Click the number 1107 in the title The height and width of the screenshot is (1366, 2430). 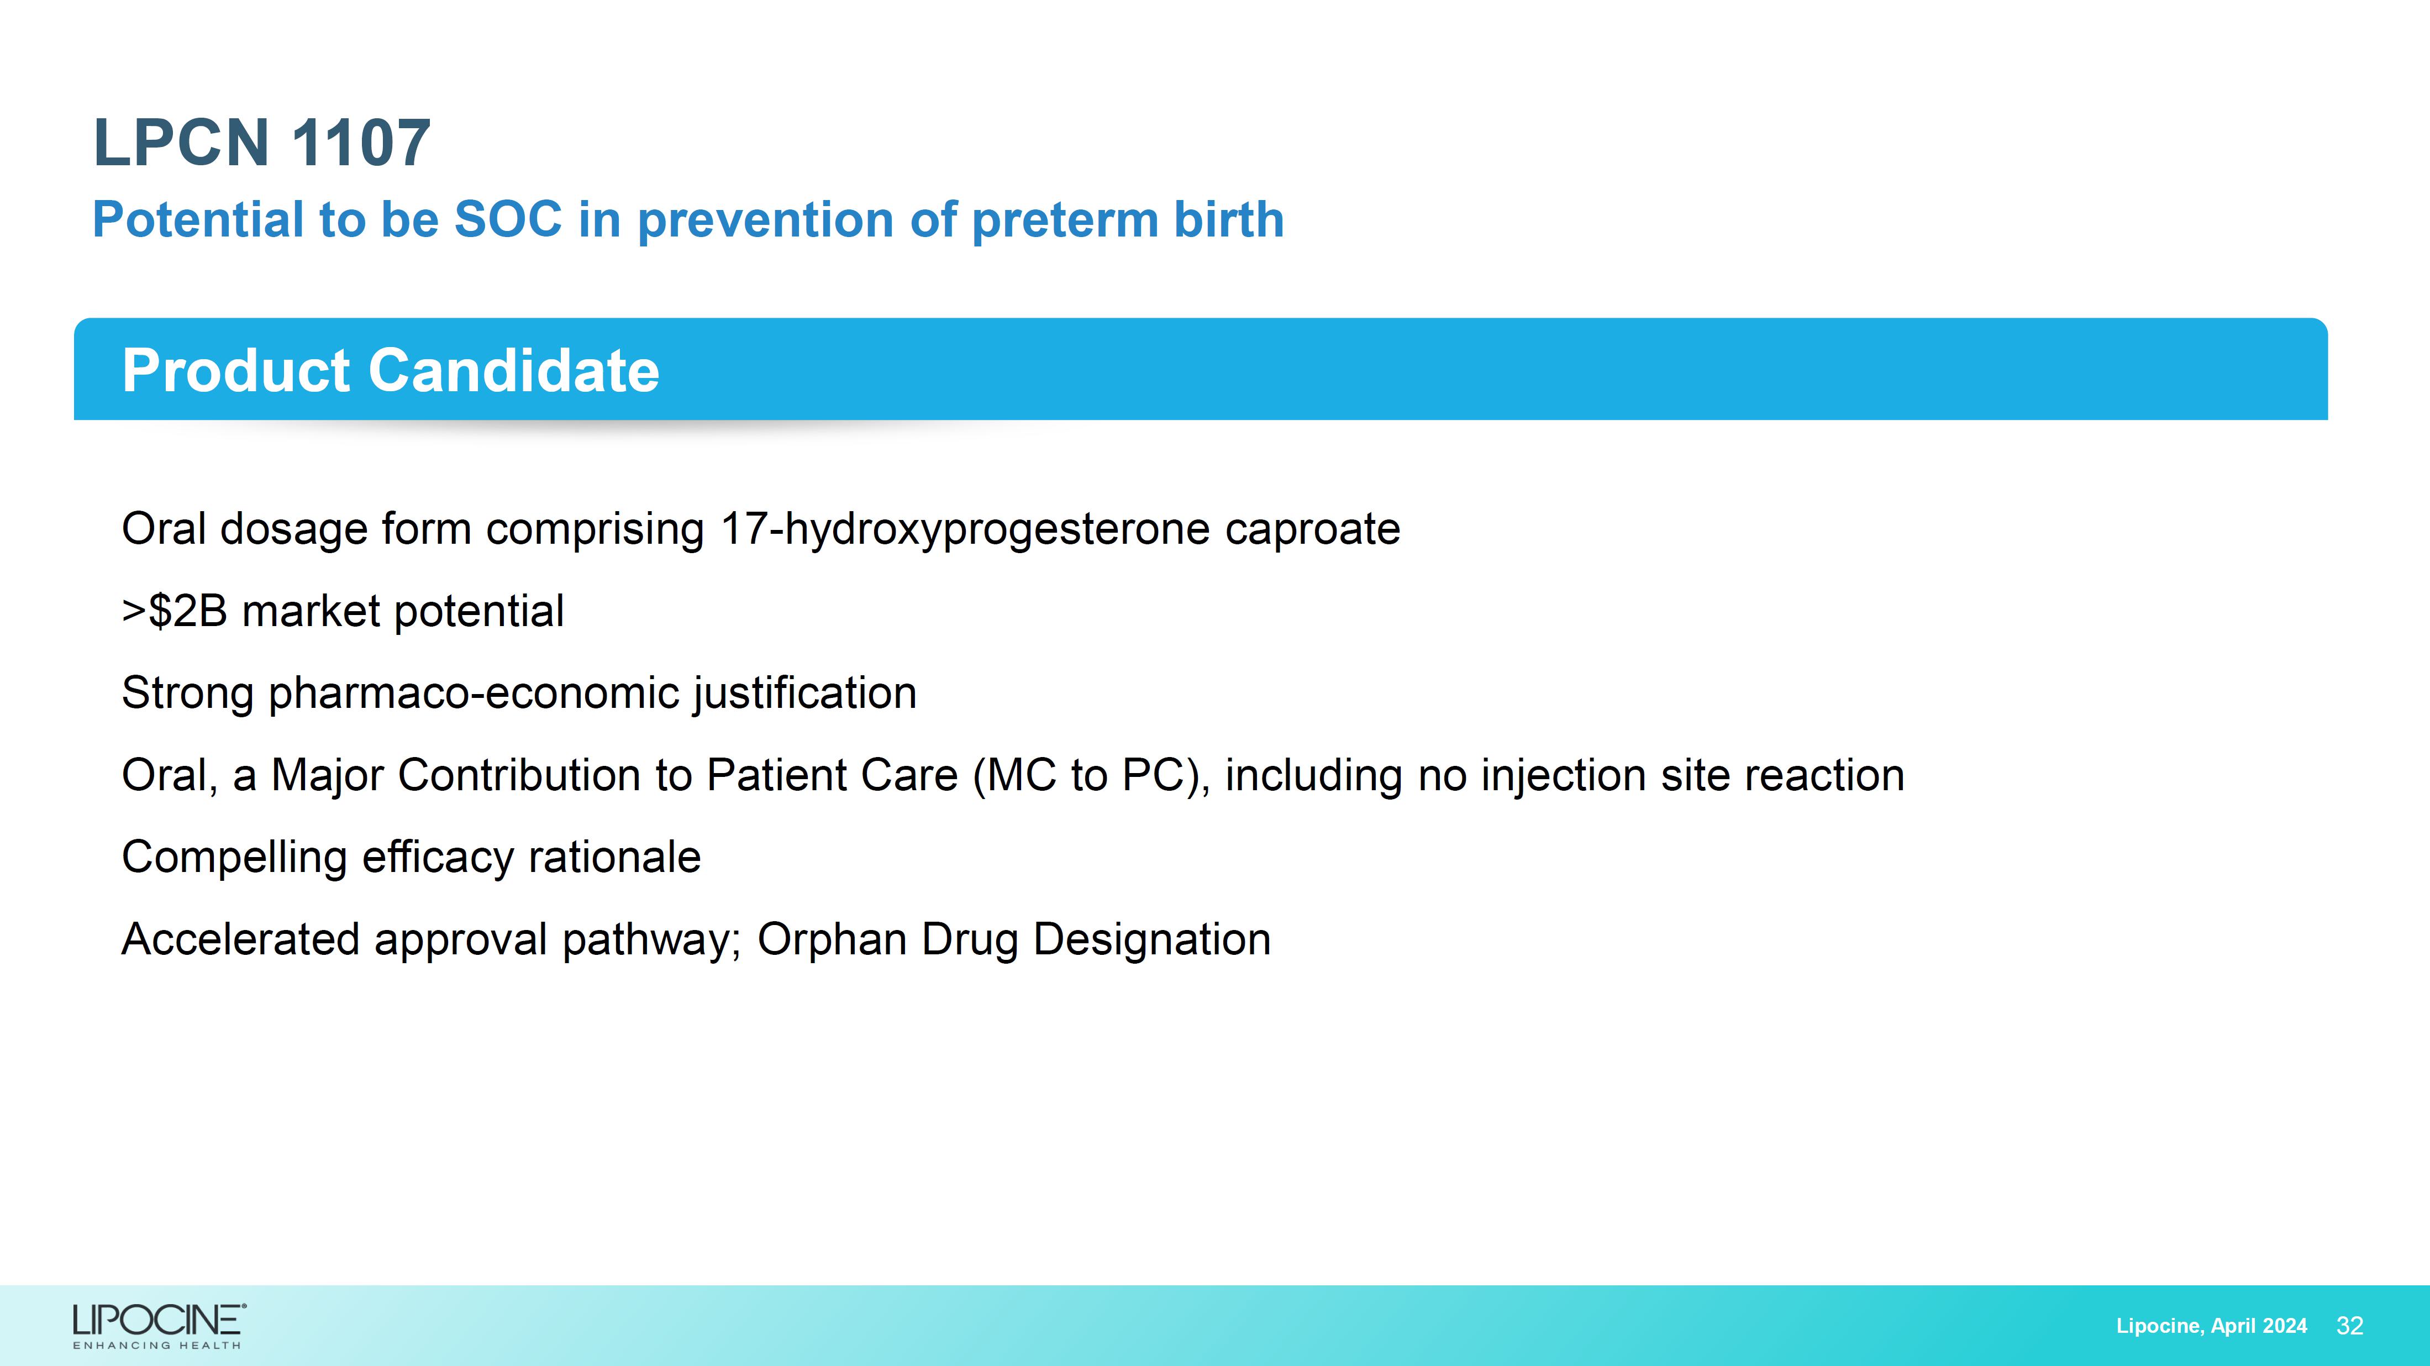(x=361, y=143)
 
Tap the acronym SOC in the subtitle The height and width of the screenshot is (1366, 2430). (x=508, y=220)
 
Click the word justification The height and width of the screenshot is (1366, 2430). (x=804, y=693)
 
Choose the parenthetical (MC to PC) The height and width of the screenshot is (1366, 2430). (x=1091, y=775)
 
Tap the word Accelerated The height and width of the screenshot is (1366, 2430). (x=240, y=939)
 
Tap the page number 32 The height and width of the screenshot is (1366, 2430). (x=2350, y=1326)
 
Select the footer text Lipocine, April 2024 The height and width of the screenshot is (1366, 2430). (x=2211, y=1326)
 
